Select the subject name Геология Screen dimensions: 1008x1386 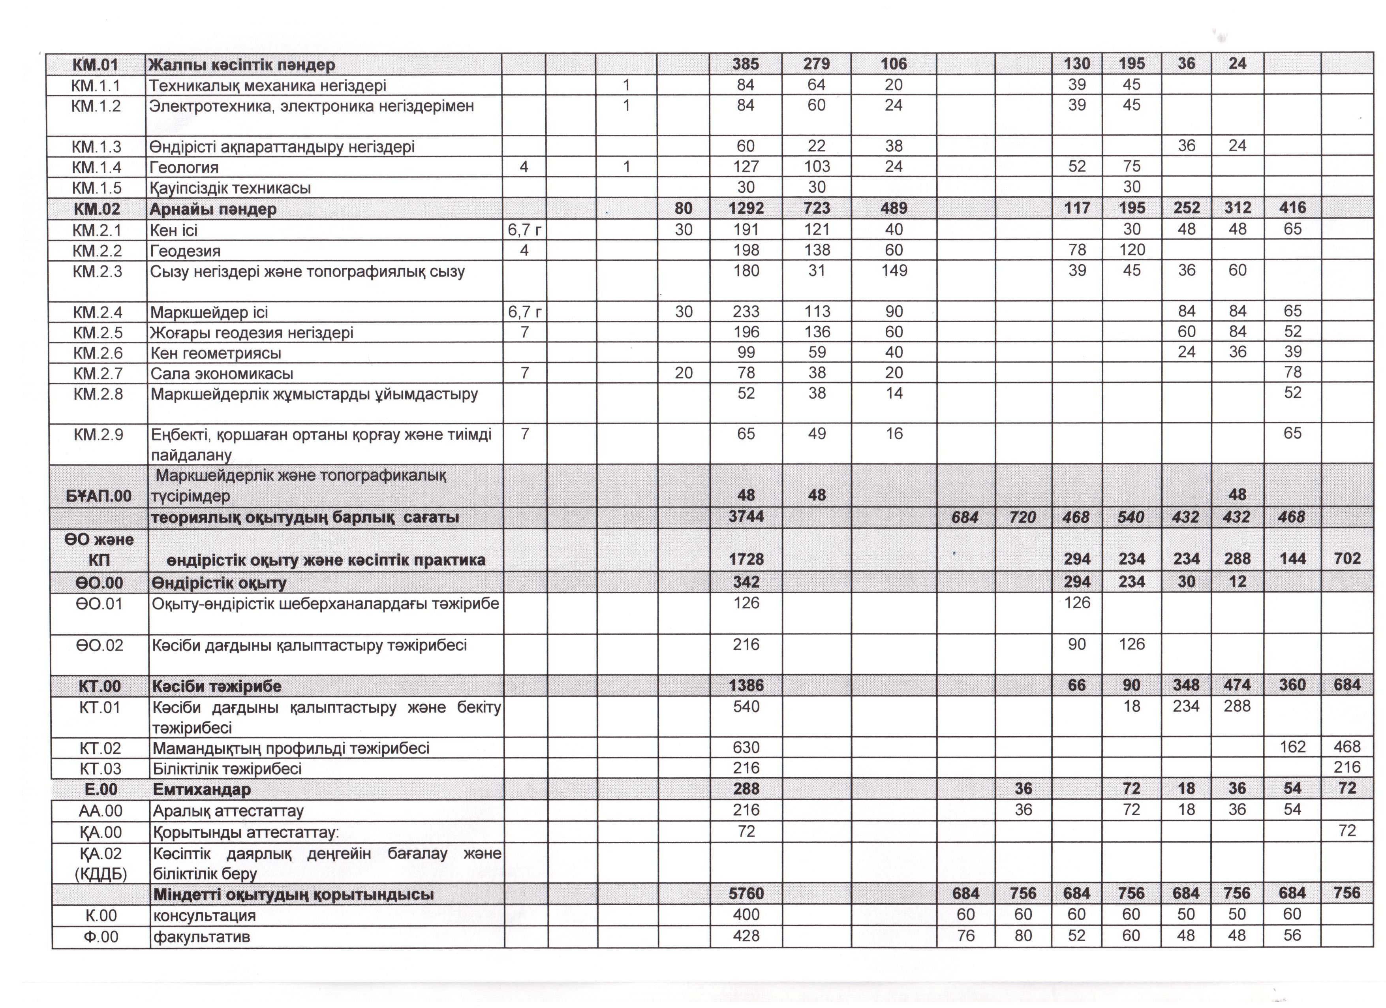(184, 167)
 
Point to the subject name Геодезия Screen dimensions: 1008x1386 (185, 251)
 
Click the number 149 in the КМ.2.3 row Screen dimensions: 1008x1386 (894, 271)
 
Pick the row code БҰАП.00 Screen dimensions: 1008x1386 (98, 496)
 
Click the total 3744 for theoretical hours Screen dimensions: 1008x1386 (746, 517)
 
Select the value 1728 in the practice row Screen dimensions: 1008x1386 (746, 559)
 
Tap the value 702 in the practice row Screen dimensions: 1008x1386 (1347, 559)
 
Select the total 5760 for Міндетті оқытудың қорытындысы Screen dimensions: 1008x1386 (746, 894)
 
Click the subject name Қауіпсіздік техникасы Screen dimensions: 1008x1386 (230, 188)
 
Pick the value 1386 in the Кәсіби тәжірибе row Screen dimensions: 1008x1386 (746, 686)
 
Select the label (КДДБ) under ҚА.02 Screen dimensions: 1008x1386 (101, 874)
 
